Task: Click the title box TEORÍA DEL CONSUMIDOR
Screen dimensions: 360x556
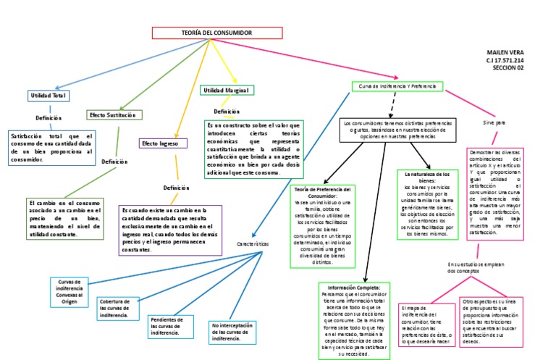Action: point(216,33)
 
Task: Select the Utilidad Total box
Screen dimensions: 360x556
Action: point(49,96)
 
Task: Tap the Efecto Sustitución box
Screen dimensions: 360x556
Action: point(114,114)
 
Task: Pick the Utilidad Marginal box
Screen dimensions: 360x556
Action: point(226,91)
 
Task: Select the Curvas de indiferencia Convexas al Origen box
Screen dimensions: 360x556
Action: point(69,291)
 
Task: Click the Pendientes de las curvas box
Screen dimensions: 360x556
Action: point(169,326)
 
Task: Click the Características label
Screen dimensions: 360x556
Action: point(253,244)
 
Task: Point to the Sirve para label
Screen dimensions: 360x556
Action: point(494,123)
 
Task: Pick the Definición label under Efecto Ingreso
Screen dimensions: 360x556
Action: point(176,188)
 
